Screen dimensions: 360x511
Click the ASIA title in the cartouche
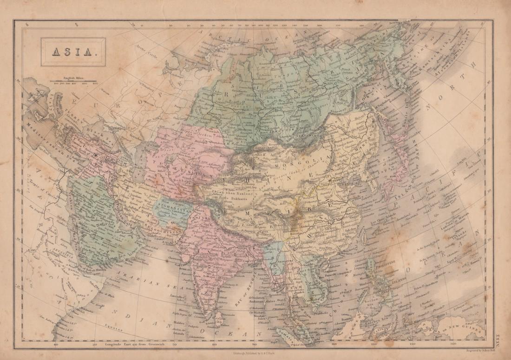[x=72, y=52]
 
